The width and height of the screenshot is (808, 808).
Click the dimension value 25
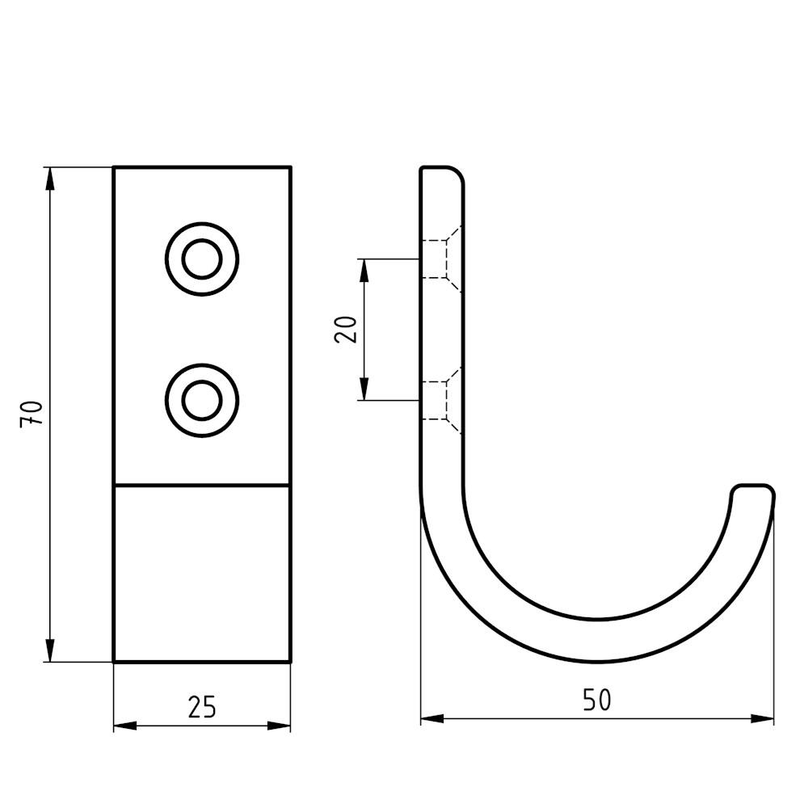click(201, 707)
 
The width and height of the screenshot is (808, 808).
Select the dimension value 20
click(345, 330)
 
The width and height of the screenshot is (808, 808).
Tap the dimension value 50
click(597, 700)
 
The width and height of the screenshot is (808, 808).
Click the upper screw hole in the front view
click(202, 259)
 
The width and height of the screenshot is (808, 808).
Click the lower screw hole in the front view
click(202, 401)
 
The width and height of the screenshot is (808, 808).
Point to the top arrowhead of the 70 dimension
click(49, 179)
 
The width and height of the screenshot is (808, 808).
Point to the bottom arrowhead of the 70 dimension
click(49, 650)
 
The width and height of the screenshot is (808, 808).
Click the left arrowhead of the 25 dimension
click(125, 726)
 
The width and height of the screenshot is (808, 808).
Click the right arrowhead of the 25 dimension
click(279, 726)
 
